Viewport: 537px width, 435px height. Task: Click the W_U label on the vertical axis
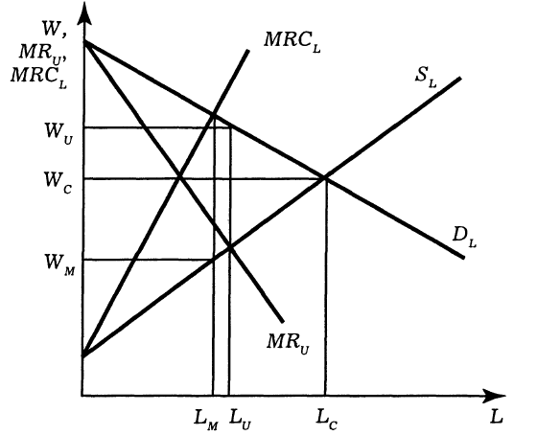58,133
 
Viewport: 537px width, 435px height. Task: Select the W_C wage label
58,182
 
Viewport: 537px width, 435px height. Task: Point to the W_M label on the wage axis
59,264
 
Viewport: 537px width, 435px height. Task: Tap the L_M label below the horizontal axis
206,420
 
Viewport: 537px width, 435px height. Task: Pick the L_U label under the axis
241,420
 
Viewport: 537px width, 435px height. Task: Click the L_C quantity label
327,420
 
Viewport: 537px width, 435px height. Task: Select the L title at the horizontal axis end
497,417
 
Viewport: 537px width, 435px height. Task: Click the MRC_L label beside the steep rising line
292,42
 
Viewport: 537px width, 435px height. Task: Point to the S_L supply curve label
426,78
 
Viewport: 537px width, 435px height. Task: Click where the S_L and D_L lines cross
325,177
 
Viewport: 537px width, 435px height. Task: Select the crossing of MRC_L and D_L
214,115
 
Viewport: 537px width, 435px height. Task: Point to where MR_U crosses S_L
230,247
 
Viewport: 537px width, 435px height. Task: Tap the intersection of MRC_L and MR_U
179,177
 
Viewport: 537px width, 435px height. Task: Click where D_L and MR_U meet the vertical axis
85,42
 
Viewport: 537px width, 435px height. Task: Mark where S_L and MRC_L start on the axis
84,355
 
